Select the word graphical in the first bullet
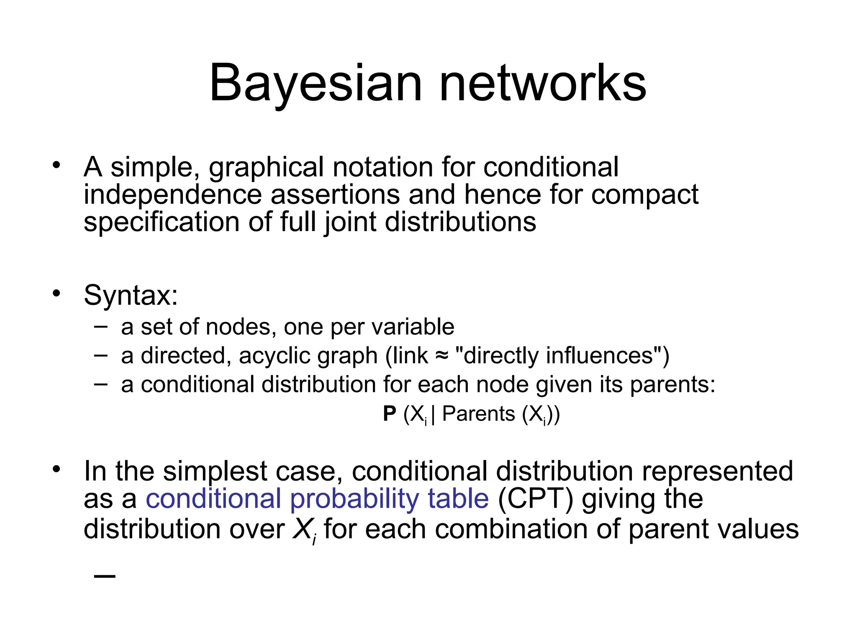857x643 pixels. click(266, 167)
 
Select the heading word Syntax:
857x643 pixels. click(131, 295)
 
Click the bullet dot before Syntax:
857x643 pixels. click(56, 293)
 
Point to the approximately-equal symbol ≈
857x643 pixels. click(441, 356)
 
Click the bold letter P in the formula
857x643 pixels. click(390, 414)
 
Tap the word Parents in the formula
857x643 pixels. click(478, 414)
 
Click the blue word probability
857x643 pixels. click(354, 499)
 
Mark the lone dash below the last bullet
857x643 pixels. click(105, 576)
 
